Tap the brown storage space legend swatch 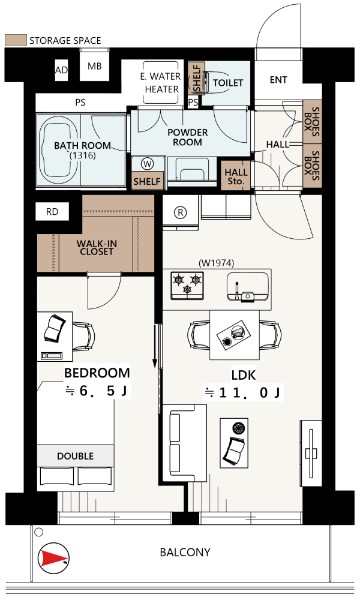click(x=16, y=40)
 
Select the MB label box click(x=94, y=66)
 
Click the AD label click(x=61, y=70)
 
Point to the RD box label click(x=52, y=212)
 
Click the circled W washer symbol click(x=147, y=164)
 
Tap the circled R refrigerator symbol click(x=180, y=212)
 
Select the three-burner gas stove click(x=187, y=286)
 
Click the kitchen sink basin click(x=247, y=287)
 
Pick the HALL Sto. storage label click(x=236, y=177)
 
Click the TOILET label click(x=228, y=83)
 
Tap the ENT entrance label click(x=278, y=80)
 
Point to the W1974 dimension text click(x=217, y=263)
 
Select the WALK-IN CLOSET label click(x=97, y=248)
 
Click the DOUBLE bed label click(x=76, y=456)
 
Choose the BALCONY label click(x=185, y=553)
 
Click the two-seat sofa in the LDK click(x=185, y=443)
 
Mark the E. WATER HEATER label click(x=161, y=83)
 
